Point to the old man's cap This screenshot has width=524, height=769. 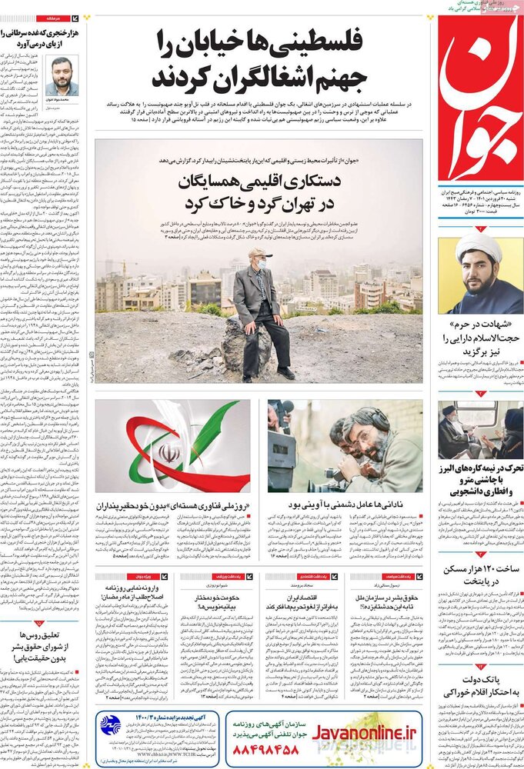259,253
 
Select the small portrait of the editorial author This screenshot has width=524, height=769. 61,75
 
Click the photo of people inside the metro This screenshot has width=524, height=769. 480,429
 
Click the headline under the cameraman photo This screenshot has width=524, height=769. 345,504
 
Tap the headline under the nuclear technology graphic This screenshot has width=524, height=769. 173,505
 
